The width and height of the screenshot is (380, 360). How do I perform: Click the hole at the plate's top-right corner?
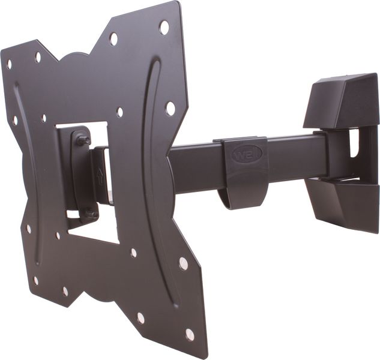pyautogui.click(x=164, y=27)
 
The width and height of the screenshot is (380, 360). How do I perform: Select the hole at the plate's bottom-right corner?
pyautogui.click(x=190, y=334)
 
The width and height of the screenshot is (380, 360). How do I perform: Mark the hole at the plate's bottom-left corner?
pyautogui.click(x=35, y=280)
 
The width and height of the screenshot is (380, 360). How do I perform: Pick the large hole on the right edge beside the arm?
pyautogui.click(x=170, y=109)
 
